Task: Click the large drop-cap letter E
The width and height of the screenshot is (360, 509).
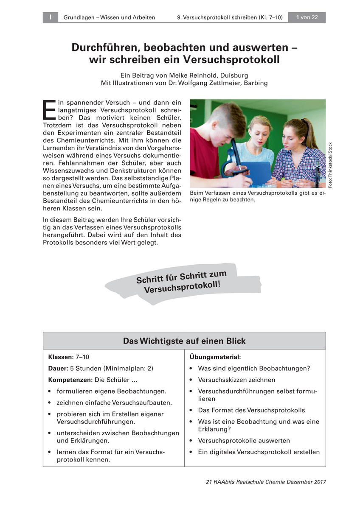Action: (x=49, y=110)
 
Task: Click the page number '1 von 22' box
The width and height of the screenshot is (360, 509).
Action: (x=307, y=17)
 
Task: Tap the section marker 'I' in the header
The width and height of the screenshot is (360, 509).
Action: (x=50, y=17)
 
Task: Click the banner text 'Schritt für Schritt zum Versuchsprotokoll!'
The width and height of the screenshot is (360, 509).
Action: (x=182, y=282)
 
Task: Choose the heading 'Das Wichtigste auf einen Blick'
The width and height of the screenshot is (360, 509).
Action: (x=184, y=341)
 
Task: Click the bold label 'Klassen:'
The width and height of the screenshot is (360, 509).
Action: (x=61, y=357)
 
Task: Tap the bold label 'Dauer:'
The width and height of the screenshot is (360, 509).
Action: (x=58, y=369)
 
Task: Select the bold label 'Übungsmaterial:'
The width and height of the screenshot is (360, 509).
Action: (x=215, y=357)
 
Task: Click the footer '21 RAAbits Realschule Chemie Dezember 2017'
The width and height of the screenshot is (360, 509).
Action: (x=265, y=482)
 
